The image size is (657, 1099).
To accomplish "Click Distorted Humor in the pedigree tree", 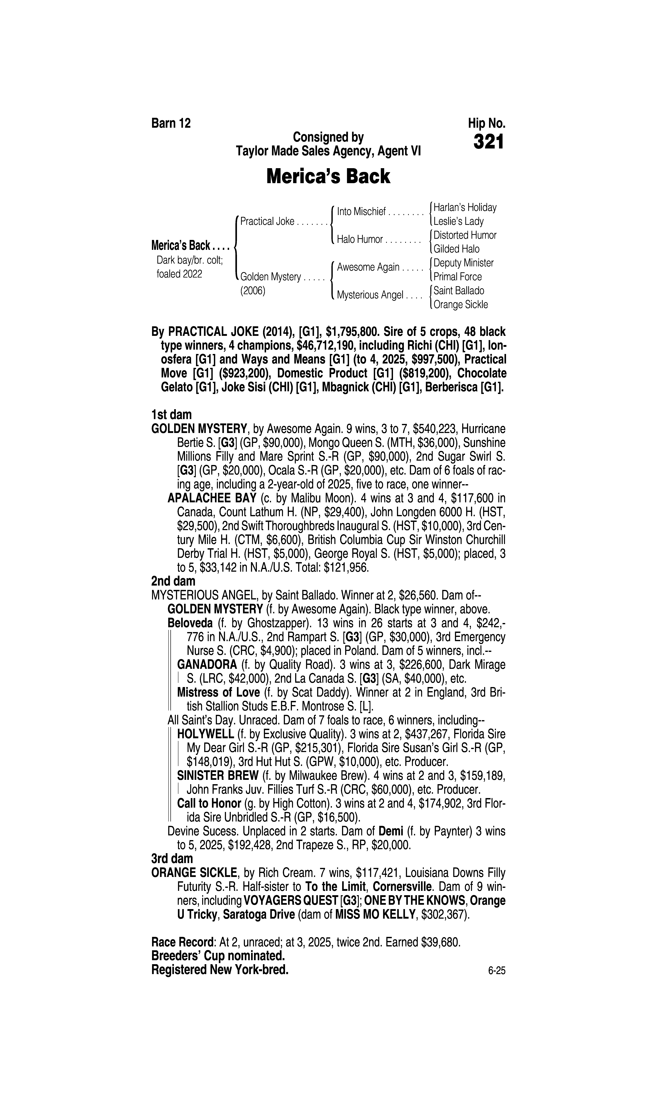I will coord(465,235).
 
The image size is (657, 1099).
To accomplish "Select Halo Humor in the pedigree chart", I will coord(360,240).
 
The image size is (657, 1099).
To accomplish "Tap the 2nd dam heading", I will coord(173,581).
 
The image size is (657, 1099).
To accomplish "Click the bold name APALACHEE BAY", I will coord(212,498).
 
